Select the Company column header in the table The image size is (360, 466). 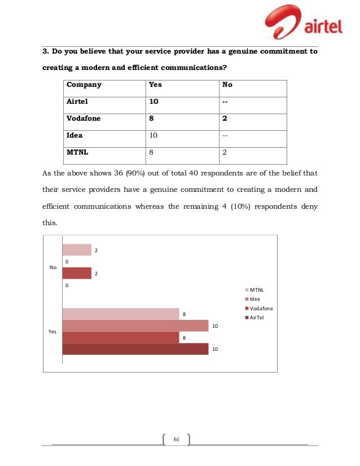pos(84,85)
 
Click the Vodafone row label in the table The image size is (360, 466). pos(85,118)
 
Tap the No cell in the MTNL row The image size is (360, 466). pos(226,152)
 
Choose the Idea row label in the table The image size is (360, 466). pos(75,135)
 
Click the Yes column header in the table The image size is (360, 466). pos(154,85)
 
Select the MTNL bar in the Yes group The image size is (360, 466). pos(120,314)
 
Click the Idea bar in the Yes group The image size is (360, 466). pos(135,326)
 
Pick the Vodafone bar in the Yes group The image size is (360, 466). pos(120,337)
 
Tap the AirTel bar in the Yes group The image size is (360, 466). pos(135,350)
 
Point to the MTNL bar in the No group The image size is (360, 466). pos(76,249)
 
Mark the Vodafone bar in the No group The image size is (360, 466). pos(76,274)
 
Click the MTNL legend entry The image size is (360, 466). pos(255,289)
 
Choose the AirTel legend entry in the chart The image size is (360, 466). pos(256,318)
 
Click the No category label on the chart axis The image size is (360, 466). pos(54,267)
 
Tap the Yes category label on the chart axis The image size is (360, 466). pos(53,332)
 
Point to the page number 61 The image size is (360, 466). pos(175,440)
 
